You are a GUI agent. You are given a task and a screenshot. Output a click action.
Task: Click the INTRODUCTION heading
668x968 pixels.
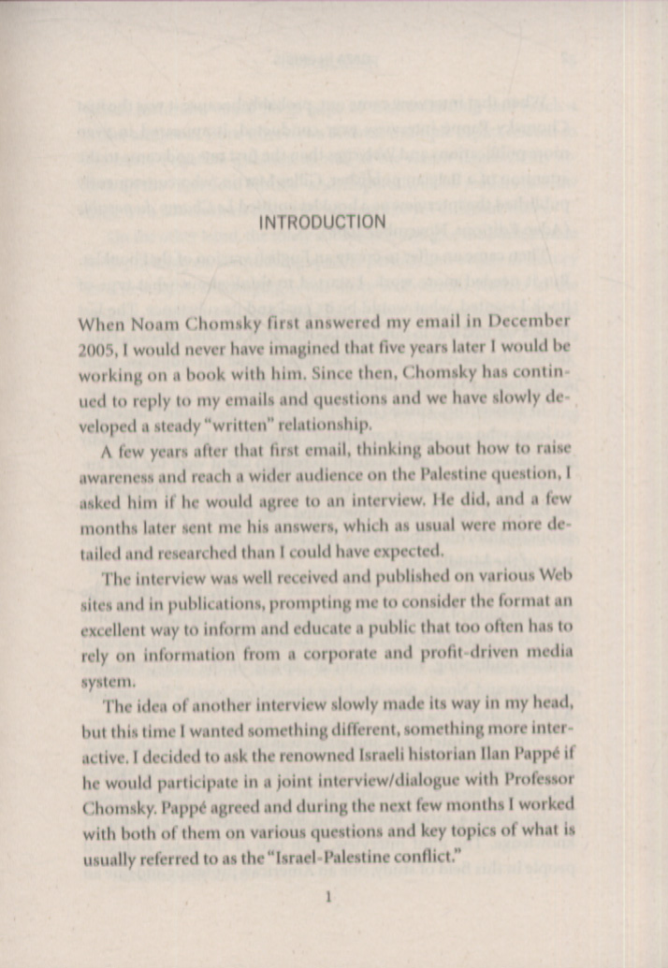tap(321, 223)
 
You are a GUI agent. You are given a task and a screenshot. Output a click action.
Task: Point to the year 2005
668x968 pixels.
tap(97, 348)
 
